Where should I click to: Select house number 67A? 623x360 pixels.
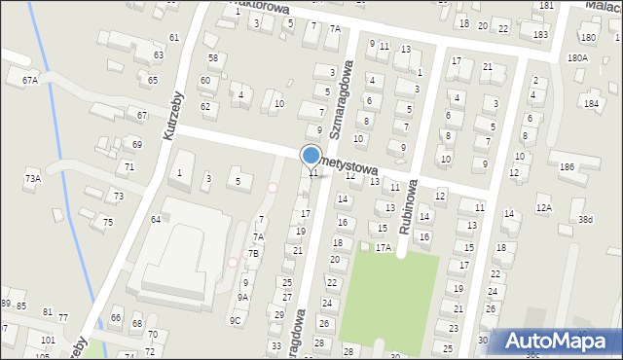point(30,80)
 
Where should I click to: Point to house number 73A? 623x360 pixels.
point(32,179)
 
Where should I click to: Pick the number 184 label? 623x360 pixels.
point(591,102)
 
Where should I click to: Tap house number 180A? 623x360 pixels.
point(577,58)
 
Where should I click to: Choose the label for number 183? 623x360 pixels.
point(540,34)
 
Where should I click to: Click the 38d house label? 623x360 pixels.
point(585,220)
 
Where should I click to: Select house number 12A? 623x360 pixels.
point(543,207)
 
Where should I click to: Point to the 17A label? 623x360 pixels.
point(384,247)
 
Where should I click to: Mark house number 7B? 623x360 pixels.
point(253,253)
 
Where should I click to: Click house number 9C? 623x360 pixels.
point(235,320)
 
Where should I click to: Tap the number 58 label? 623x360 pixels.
point(212,58)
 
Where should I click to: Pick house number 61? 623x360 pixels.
point(173,37)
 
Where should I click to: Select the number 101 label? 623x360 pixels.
point(48,341)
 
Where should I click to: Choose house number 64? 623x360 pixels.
point(155,219)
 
